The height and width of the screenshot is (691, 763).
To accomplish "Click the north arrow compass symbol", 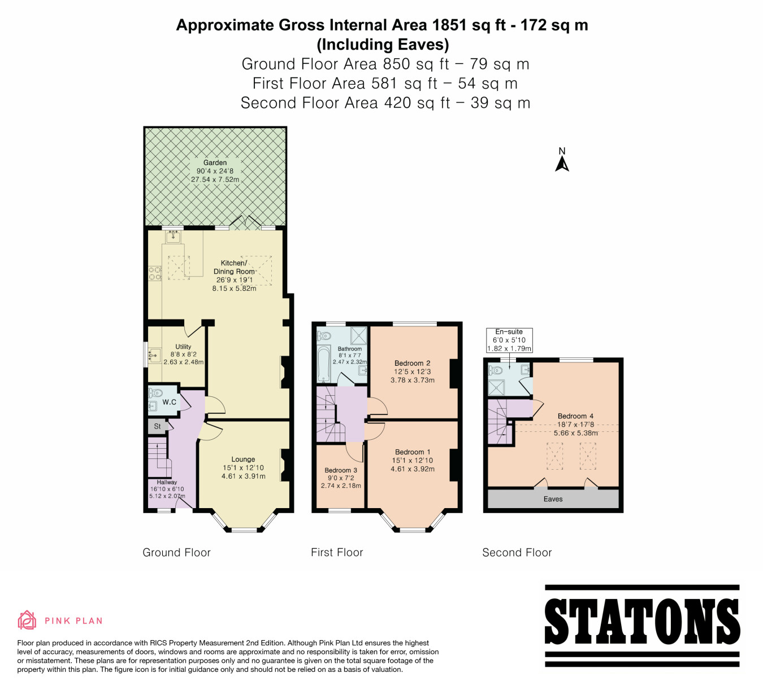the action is pos(562,160).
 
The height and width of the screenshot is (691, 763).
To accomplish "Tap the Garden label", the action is pos(215,163).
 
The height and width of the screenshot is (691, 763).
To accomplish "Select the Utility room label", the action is pos(183,347).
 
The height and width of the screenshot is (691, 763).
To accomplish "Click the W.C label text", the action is pos(169,402).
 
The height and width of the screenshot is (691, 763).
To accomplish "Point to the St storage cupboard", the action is pos(158,426).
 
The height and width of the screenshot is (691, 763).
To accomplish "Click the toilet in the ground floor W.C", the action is pos(155,392).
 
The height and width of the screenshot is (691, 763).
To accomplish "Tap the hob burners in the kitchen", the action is pos(155,274).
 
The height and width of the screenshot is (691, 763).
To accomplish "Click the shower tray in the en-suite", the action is pos(497,388).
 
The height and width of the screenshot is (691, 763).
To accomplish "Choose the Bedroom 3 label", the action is pos(340,470).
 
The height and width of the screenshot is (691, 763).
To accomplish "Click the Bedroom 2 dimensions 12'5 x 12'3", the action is pos(413,371).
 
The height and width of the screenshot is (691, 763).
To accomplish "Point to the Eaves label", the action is pos(553,499).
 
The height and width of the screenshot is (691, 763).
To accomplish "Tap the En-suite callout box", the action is pos(509,340).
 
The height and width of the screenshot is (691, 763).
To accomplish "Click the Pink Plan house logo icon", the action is pos(27,620).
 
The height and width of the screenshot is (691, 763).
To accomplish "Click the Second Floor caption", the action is pos(517,552).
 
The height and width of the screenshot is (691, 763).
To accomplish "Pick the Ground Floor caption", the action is pos(176,552).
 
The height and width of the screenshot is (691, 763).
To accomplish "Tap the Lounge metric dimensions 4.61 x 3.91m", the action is pos(244,476).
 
